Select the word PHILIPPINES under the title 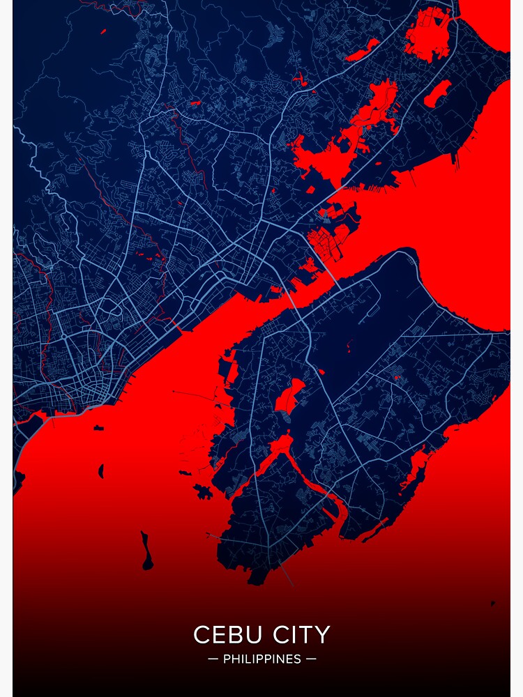[262, 659]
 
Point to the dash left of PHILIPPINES [213, 659]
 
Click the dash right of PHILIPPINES [311, 659]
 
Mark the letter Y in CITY [323, 635]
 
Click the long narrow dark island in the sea [146, 551]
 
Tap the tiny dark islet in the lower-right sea [492, 604]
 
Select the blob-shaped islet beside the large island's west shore [204, 491]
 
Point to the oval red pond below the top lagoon [437, 93]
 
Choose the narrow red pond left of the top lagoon [363, 50]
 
